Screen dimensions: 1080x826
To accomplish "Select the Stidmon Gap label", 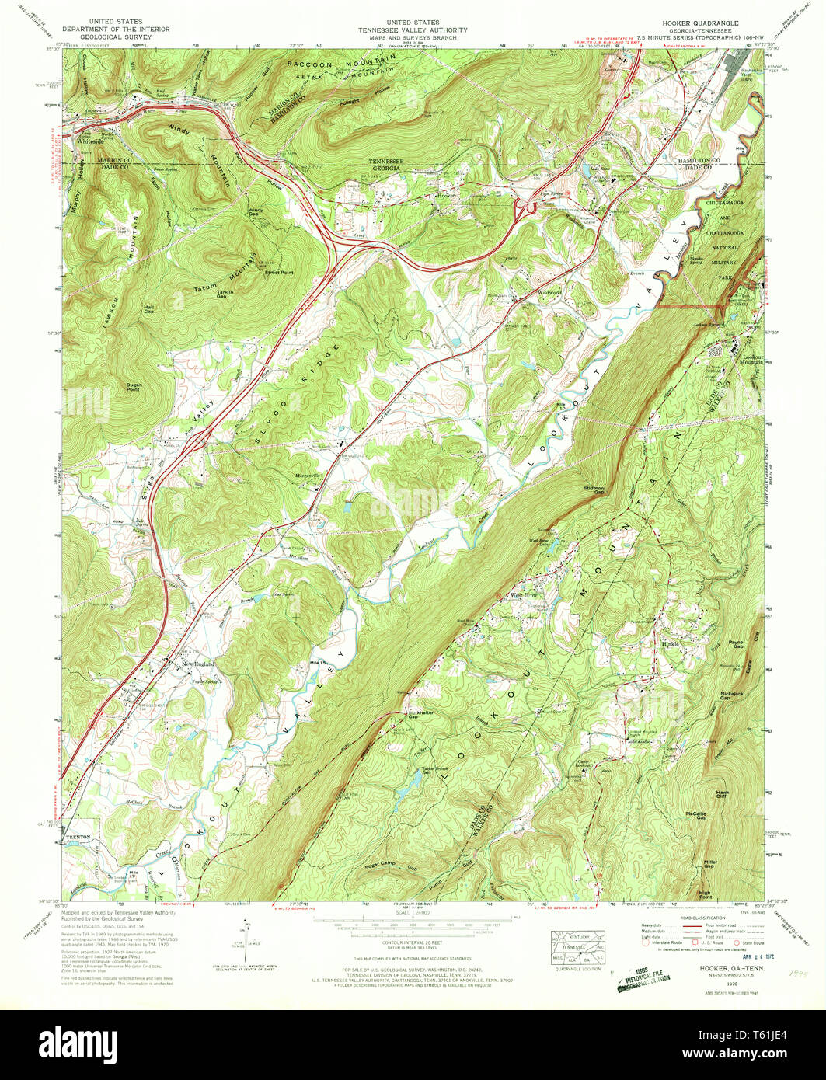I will [593, 490].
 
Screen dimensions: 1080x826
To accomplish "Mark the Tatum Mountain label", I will [226, 277].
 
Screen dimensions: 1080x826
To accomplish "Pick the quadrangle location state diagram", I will [580, 948].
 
